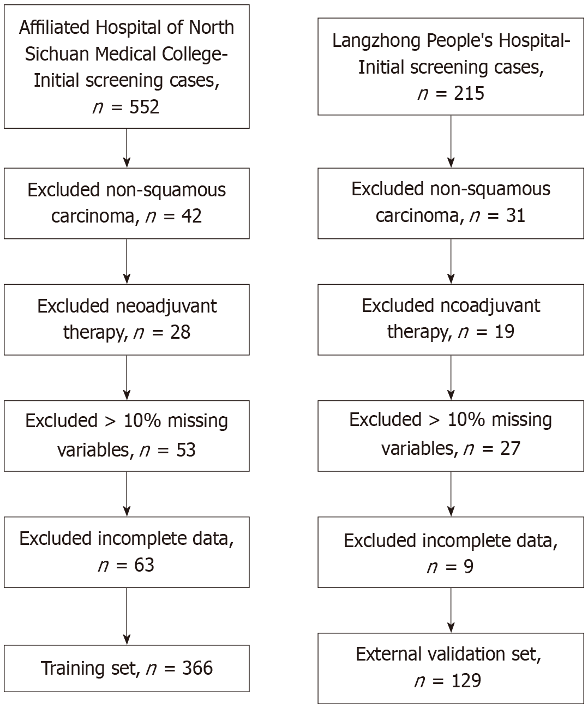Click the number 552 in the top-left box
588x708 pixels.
pos(144,106)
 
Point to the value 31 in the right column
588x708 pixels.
pos(515,215)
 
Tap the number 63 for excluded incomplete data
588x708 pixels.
pos(143,565)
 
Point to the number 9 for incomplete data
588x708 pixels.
pos(467,567)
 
